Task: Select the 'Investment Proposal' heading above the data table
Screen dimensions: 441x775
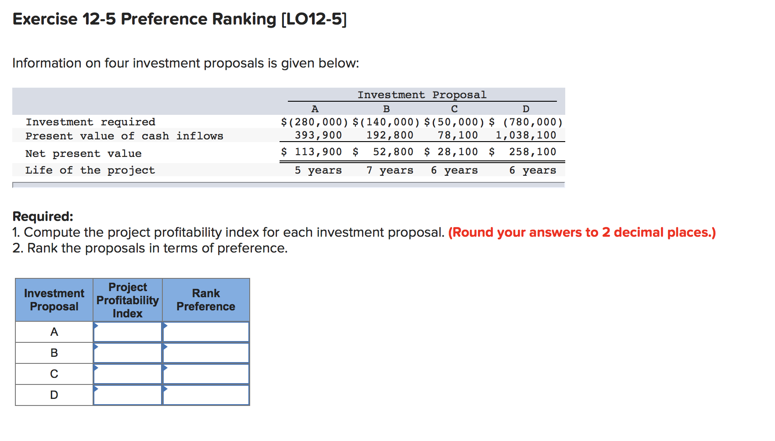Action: (x=422, y=95)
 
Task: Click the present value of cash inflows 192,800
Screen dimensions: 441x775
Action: (x=390, y=135)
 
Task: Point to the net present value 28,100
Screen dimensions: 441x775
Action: (x=457, y=152)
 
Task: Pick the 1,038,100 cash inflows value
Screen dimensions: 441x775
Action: (x=526, y=135)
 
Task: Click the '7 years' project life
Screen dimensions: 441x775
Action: (x=390, y=170)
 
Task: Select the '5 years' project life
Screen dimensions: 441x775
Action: (x=318, y=170)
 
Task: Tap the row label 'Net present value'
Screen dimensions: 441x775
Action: (x=83, y=153)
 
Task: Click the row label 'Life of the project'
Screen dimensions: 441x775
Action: (x=90, y=170)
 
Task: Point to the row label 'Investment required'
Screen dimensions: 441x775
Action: (x=90, y=122)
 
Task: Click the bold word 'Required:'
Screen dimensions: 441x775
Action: (x=43, y=216)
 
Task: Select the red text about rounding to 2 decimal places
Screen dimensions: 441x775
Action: (x=582, y=232)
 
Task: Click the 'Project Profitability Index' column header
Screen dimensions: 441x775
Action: (x=128, y=300)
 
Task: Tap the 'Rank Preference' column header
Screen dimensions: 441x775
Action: (x=206, y=300)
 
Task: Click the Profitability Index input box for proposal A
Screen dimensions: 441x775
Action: (x=128, y=332)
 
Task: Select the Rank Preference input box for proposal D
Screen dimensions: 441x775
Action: (x=206, y=395)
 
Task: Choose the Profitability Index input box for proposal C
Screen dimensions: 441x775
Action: (x=128, y=374)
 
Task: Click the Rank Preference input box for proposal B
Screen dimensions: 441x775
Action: (x=206, y=353)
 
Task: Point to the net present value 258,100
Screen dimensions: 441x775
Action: (x=532, y=152)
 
